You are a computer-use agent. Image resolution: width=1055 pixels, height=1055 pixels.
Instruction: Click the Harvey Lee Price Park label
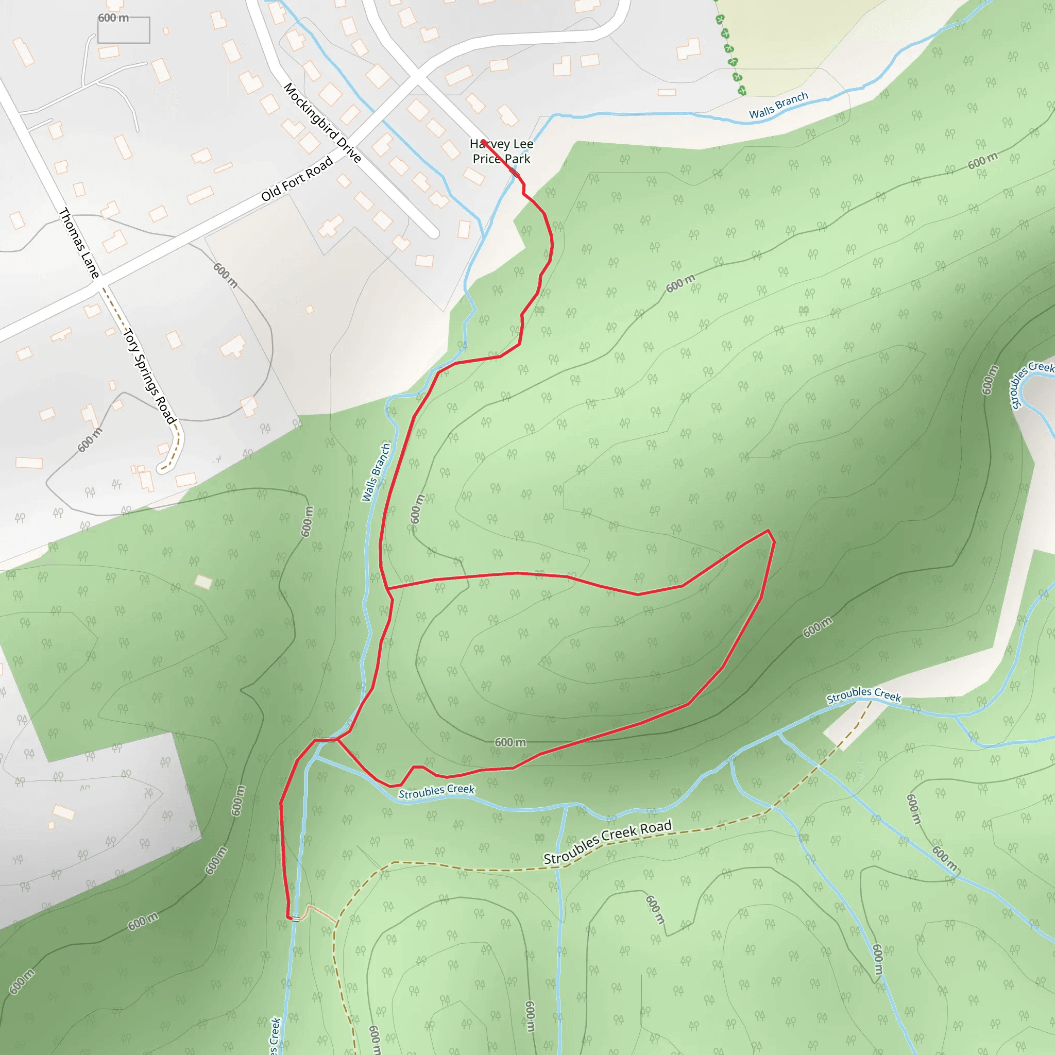pyautogui.click(x=501, y=151)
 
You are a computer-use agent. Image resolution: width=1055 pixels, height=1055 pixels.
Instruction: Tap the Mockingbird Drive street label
pyautogui.click(x=322, y=123)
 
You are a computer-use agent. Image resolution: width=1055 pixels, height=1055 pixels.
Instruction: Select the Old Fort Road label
pyautogui.click(x=297, y=179)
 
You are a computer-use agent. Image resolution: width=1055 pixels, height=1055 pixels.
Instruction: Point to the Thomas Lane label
pyautogui.click(x=79, y=243)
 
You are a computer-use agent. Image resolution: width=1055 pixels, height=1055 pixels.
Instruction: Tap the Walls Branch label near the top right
pyautogui.click(x=778, y=106)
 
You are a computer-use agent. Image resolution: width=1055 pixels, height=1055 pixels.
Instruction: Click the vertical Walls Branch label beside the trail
pyautogui.click(x=376, y=472)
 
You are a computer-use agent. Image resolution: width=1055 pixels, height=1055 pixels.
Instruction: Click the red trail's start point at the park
pyautogui.click(x=483, y=142)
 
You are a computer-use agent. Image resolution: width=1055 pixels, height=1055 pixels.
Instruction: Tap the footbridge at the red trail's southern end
pyautogui.click(x=295, y=918)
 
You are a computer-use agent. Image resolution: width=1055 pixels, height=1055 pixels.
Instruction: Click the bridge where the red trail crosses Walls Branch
pyautogui.click(x=328, y=740)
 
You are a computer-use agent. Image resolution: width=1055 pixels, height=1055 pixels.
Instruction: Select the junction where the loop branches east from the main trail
pyautogui.click(x=387, y=589)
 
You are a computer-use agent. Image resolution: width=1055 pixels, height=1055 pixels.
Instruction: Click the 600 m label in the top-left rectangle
pyautogui.click(x=113, y=18)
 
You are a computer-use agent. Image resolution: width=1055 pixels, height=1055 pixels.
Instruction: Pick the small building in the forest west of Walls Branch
pyautogui.click(x=203, y=582)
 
